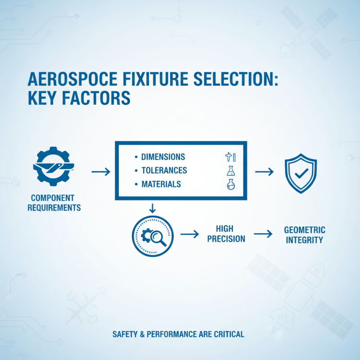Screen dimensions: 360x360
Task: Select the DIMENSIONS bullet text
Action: pos(163,157)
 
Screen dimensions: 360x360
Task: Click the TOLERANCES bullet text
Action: pos(164,171)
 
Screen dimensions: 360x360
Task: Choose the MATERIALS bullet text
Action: pos(161,184)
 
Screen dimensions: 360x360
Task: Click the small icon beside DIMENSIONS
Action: pos(230,157)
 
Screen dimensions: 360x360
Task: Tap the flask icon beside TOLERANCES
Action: pos(230,171)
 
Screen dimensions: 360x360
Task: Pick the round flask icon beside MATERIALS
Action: pos(230,184)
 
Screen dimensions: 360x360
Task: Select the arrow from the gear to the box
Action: pos(100,171)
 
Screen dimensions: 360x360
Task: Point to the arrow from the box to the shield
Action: pos(265,171)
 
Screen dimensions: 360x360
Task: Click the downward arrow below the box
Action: pos(152,208)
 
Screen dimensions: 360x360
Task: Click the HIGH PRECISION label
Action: pos(226,234)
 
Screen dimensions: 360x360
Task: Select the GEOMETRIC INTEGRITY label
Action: pos(305,235)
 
